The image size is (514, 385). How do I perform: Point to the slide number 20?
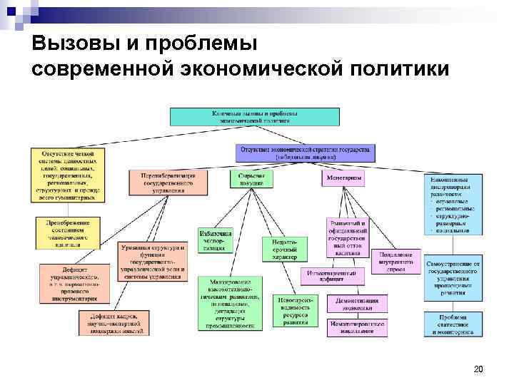[478, 369]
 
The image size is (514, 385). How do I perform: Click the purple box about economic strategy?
[306, 153]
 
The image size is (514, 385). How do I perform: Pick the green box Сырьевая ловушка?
[252, 179]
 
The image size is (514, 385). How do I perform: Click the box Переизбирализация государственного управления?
[169, 182]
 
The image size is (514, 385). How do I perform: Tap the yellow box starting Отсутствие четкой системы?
[68, 175]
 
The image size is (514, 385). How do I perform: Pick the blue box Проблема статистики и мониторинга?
[453, 324]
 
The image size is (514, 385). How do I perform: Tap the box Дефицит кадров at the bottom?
[126, 323]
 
